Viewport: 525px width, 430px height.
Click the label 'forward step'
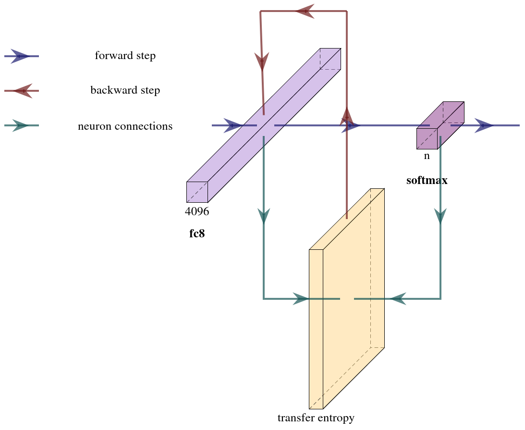tap(125, 56)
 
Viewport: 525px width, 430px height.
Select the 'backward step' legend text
tap(125, 90)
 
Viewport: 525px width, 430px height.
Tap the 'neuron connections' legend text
tap(125, 126)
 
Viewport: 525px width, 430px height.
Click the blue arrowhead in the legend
tap(20, 56)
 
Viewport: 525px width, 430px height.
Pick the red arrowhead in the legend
tap(23, 91)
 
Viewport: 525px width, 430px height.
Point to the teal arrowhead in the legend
tap(20, 126)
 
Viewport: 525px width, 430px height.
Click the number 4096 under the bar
tap(197, 211)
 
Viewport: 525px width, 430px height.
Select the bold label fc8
tap(197, 234)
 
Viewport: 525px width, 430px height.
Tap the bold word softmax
tap(427, 181)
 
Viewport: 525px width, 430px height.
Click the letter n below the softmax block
tap(427, 156)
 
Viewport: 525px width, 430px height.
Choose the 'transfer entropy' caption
tap(316, 418)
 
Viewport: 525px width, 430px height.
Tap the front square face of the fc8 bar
tap(197, 192)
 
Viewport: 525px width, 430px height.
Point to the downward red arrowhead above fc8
tap(262, 62)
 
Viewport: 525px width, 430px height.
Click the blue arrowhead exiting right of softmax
tap(484, 125)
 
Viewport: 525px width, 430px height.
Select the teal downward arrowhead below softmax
tap(440, 216)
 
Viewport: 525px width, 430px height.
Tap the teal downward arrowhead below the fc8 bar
tap(264, 216)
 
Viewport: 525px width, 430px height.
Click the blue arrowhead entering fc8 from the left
tap(233, 125)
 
